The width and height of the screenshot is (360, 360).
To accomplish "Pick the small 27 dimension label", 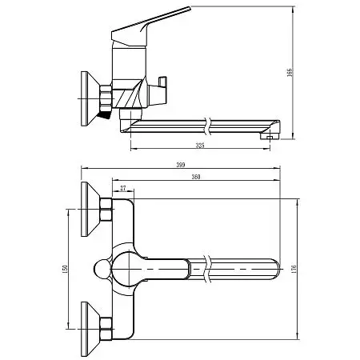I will coord(122,190).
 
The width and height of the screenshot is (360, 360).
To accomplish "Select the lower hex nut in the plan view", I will coord(105,326).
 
